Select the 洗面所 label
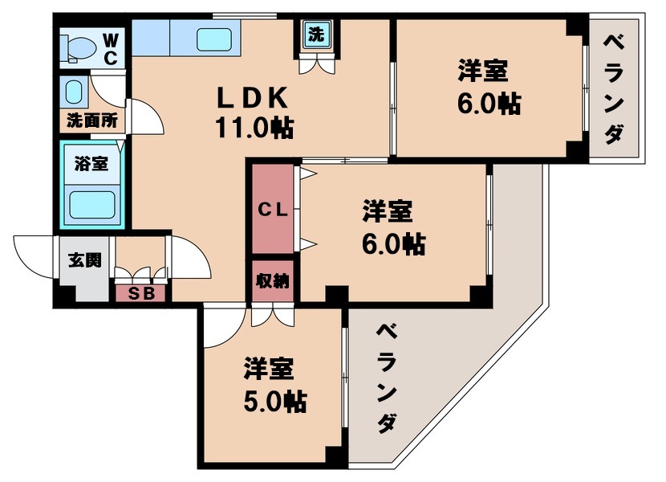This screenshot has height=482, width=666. click(x=91, y=123)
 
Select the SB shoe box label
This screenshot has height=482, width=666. click(x=141, y=293)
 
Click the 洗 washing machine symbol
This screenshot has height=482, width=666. click(x=317, y=35)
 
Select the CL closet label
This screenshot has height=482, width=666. click(x=271, y=210)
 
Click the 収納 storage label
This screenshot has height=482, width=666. click(x=273, y=282)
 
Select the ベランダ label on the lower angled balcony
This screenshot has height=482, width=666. click(x=388, y=378)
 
